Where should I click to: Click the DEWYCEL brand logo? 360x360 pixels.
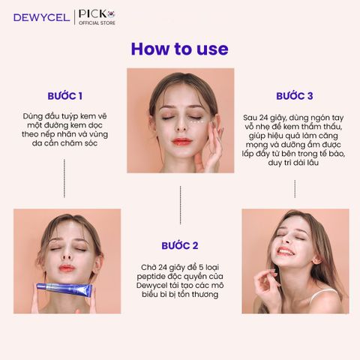(x=42, y=18)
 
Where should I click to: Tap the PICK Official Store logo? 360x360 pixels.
(x=97, y=17)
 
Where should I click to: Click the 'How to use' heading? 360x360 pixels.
(x=179, y=49)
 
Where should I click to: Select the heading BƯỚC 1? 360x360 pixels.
(x=65, y=96)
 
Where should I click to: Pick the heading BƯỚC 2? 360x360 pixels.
(x=180, y=246)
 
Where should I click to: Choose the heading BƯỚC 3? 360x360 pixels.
(x=295, y=96)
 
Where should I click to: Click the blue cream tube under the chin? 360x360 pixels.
(x=64, y=289)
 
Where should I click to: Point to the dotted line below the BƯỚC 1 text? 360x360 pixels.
(x=64, y=178)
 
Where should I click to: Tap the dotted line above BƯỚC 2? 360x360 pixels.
(x=180, y=205)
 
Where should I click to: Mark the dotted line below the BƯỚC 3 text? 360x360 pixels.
(x=295, y=189)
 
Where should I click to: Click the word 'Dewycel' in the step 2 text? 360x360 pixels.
(x=151, y=286)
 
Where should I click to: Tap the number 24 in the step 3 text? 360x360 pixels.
(x=263, y=118)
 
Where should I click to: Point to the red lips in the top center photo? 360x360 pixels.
(x=181, y=142)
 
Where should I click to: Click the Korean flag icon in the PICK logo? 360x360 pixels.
(x=112, y=14)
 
